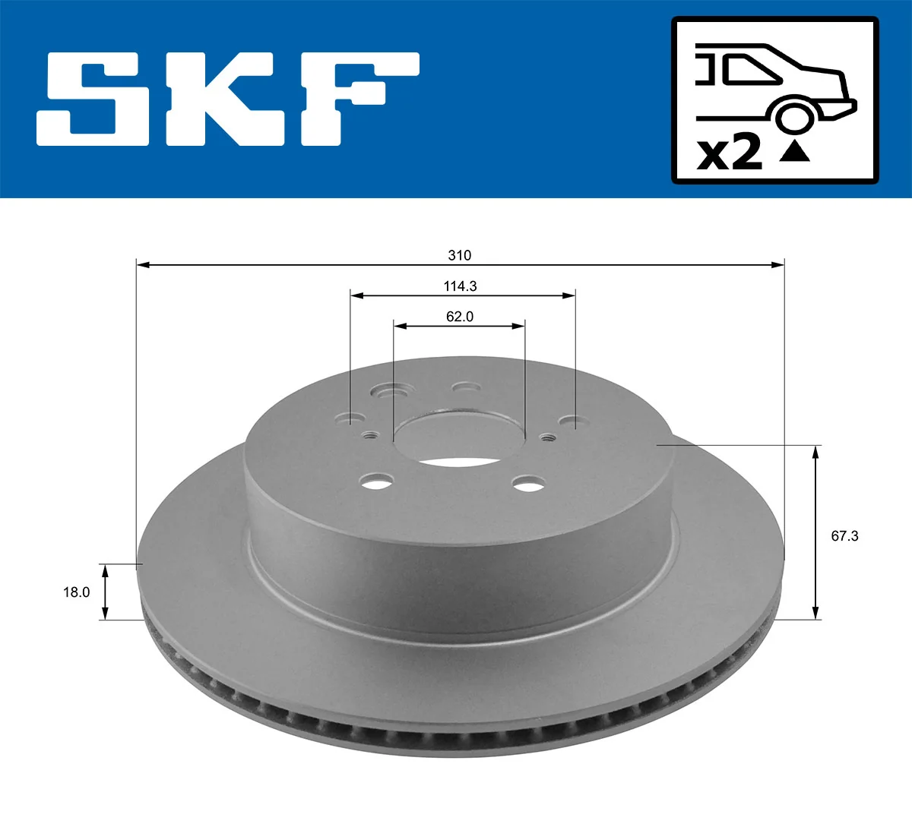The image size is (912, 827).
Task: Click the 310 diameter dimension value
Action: point(459,255)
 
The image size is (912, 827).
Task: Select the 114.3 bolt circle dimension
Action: point(460,286)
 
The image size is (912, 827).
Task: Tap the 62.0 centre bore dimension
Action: point(459,317)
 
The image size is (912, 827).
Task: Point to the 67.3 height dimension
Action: point(844,536)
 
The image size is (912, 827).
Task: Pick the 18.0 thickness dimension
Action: point(76,592)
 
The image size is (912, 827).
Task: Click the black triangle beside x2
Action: point(794,152)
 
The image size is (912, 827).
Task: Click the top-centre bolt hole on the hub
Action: point(466,388)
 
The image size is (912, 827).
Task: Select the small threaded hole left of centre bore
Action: point(371,435)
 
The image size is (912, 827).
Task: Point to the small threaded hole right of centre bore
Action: point(547,437)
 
